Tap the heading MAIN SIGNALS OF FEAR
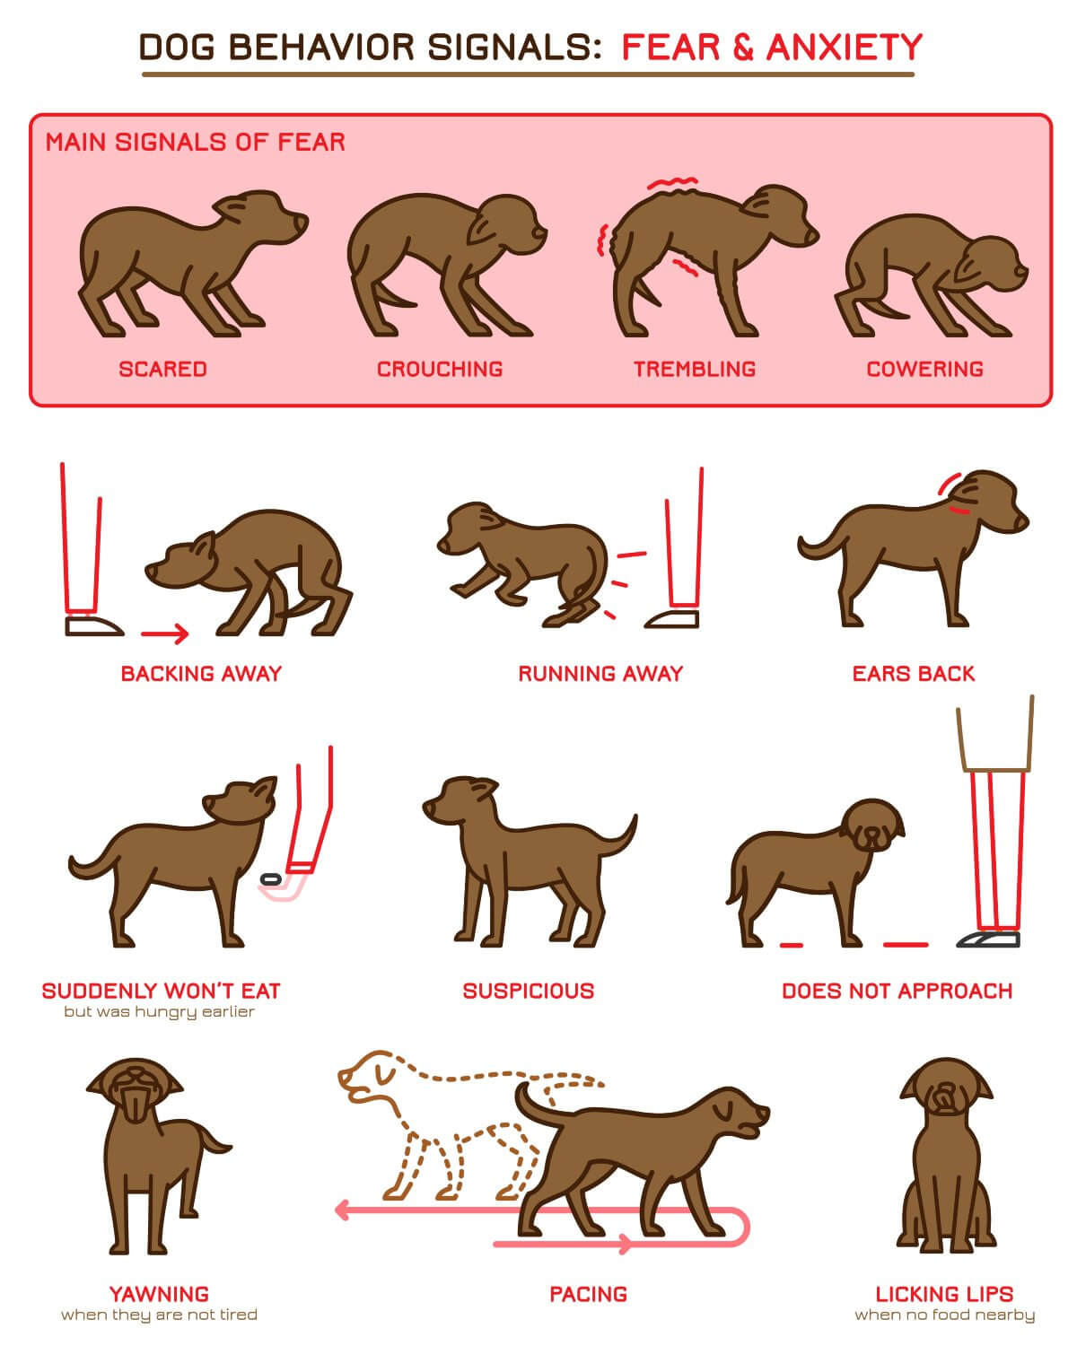[195, 142]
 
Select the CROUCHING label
[440, 369]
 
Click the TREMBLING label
[695, 369]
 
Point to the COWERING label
[925, 369]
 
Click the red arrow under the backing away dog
[165, 633]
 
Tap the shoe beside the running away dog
[671, 619]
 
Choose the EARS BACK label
[914, 673]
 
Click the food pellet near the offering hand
[270, 879]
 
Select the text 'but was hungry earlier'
[159, 1011]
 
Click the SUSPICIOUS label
[529, 991]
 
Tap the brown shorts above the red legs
[995, 735]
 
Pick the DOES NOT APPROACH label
[897, 991]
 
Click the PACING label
[589, 1294]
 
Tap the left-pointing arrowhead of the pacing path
[342, 1210]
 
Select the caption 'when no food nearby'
[944, 1315]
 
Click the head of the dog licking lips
[946, 1088]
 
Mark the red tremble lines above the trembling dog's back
[672, 183]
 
